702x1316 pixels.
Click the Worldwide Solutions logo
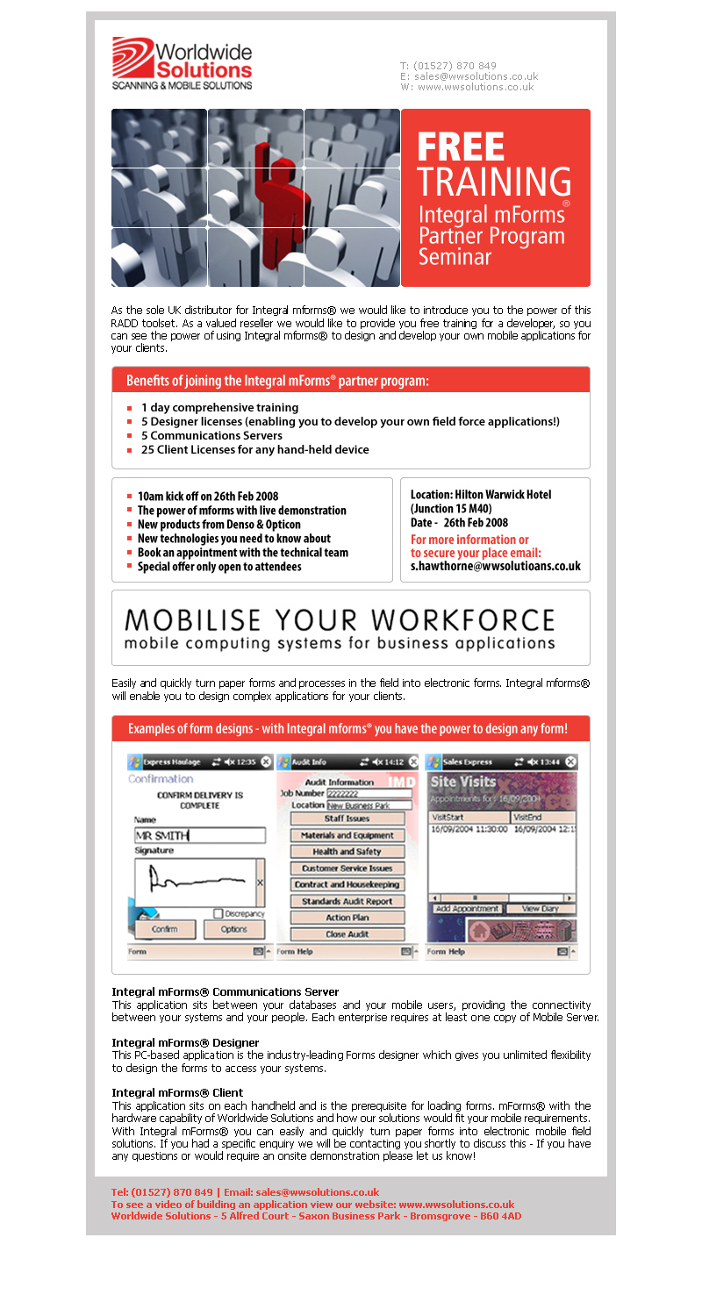pos(182,63)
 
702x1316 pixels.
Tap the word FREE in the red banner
pos(460,147)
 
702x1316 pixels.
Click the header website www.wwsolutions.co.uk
pos(475,87)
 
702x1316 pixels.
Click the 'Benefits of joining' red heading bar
pos(350,381)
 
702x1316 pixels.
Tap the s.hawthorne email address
pos(495,567)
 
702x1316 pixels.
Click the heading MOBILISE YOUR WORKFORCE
pos(340,619)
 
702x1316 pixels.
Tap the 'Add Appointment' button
pos(468,909)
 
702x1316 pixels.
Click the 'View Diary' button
pos(541,909)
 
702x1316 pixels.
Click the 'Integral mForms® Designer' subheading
pos(185,1042)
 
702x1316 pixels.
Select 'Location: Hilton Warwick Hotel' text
pos(481,495)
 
